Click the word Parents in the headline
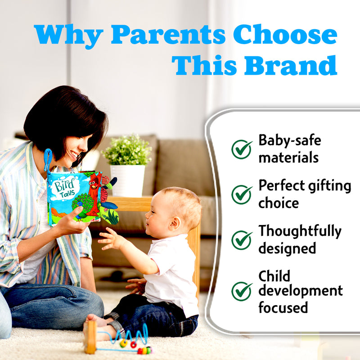click(x=168, y=34)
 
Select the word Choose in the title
click(x=285, y=34)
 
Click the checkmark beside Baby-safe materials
click(x=242, y=149)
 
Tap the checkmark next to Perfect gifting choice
click(x=242, y=194)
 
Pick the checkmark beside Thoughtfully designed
click(x=242, y=240)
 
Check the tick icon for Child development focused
click(x=242, y=291)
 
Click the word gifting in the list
click(x=329, y=186)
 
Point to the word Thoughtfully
click(x=300, y=232)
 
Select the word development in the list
click(x=301, y=291)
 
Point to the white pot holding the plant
click(x=128, y=181)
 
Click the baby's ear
click(x=175, y=224)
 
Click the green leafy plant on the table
click(x=127, y=150)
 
